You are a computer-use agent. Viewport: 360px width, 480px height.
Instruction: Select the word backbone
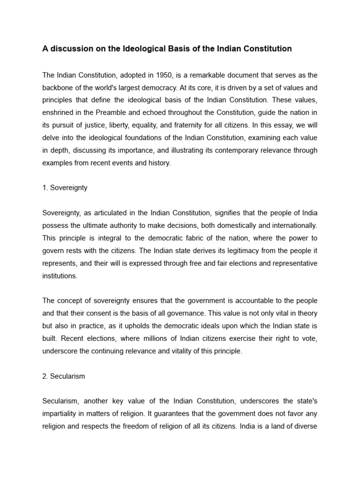click(59, 88)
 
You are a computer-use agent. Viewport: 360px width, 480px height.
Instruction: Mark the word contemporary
click(240, 150)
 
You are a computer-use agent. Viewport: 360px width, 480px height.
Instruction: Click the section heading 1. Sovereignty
click(65, 187)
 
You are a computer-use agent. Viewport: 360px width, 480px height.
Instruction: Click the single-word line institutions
click(60, 276)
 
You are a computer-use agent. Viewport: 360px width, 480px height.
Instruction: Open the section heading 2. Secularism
click(64, 376)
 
